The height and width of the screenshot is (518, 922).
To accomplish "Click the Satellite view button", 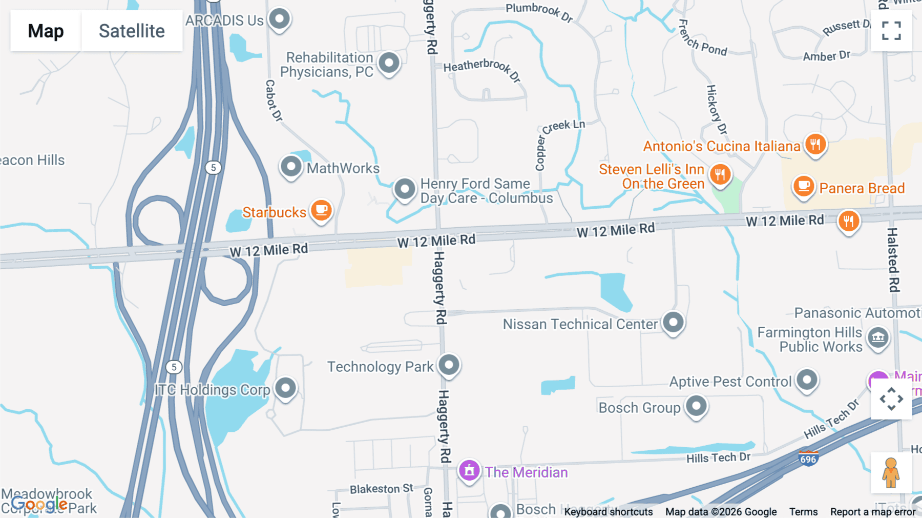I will [x=132, y=31].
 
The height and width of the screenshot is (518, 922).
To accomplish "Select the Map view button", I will [x=46, y=31].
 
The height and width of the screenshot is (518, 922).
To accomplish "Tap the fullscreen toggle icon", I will [x=891, y=31].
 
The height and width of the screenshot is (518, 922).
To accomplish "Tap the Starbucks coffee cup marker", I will [x=321, y=210].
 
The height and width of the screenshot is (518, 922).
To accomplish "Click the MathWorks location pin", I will [x=291, y=166].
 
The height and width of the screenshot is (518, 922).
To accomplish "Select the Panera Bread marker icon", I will [x=804, y=186].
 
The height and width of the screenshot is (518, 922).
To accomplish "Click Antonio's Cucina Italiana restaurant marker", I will [x=815, y=144].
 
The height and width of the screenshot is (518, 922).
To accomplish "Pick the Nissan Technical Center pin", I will [x=673, y=323].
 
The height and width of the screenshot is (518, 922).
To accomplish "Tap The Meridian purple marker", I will [x=469, y=470].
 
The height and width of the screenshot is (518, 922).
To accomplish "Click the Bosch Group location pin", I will [x=696, y=406].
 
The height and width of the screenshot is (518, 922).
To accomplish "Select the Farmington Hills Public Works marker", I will [x=878, y=337].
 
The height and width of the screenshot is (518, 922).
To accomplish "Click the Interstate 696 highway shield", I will [x=808, y=458].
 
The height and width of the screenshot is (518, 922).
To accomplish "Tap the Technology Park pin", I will [x=449, y=365].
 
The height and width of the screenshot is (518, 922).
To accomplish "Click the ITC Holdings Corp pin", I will [x=285, y=388].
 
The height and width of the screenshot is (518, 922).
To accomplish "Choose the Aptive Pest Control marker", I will [x=807, y=380].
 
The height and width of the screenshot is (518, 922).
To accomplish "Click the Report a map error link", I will [x=873, y=512].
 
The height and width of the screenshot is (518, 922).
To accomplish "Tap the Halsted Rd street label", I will [x=893, y=260].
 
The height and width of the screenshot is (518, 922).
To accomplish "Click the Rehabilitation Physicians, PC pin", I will [x=389, y=63].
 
